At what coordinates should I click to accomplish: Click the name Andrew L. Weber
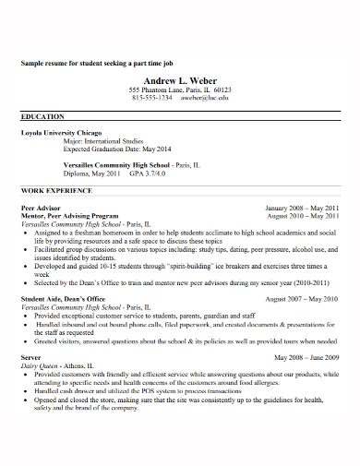pyautogui.click(x=180, y=79)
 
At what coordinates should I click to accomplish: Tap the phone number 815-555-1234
pyautogui.click(x=152, y=98)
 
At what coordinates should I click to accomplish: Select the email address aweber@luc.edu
pyautogui.click(x=203, y=98)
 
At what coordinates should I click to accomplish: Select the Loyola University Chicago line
pyautogui.click(x=62, y=133)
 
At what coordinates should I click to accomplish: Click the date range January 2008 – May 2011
pyautogui.click(x=302, y=209)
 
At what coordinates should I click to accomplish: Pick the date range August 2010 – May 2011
pyautogui.click(x=303, y=217)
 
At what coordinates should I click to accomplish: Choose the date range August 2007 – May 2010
pyautogui.click(x=302, y=299)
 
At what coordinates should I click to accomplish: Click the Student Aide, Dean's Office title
pyautogui.click(x=63, y=299)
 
